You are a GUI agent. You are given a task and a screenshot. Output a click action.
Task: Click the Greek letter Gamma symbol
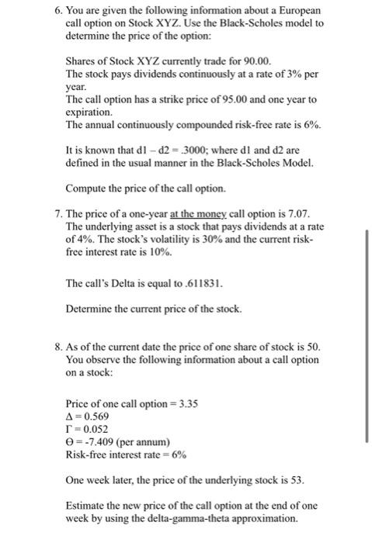coord(69,429)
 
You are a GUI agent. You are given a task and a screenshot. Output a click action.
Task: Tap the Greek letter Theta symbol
coord(70,442)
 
